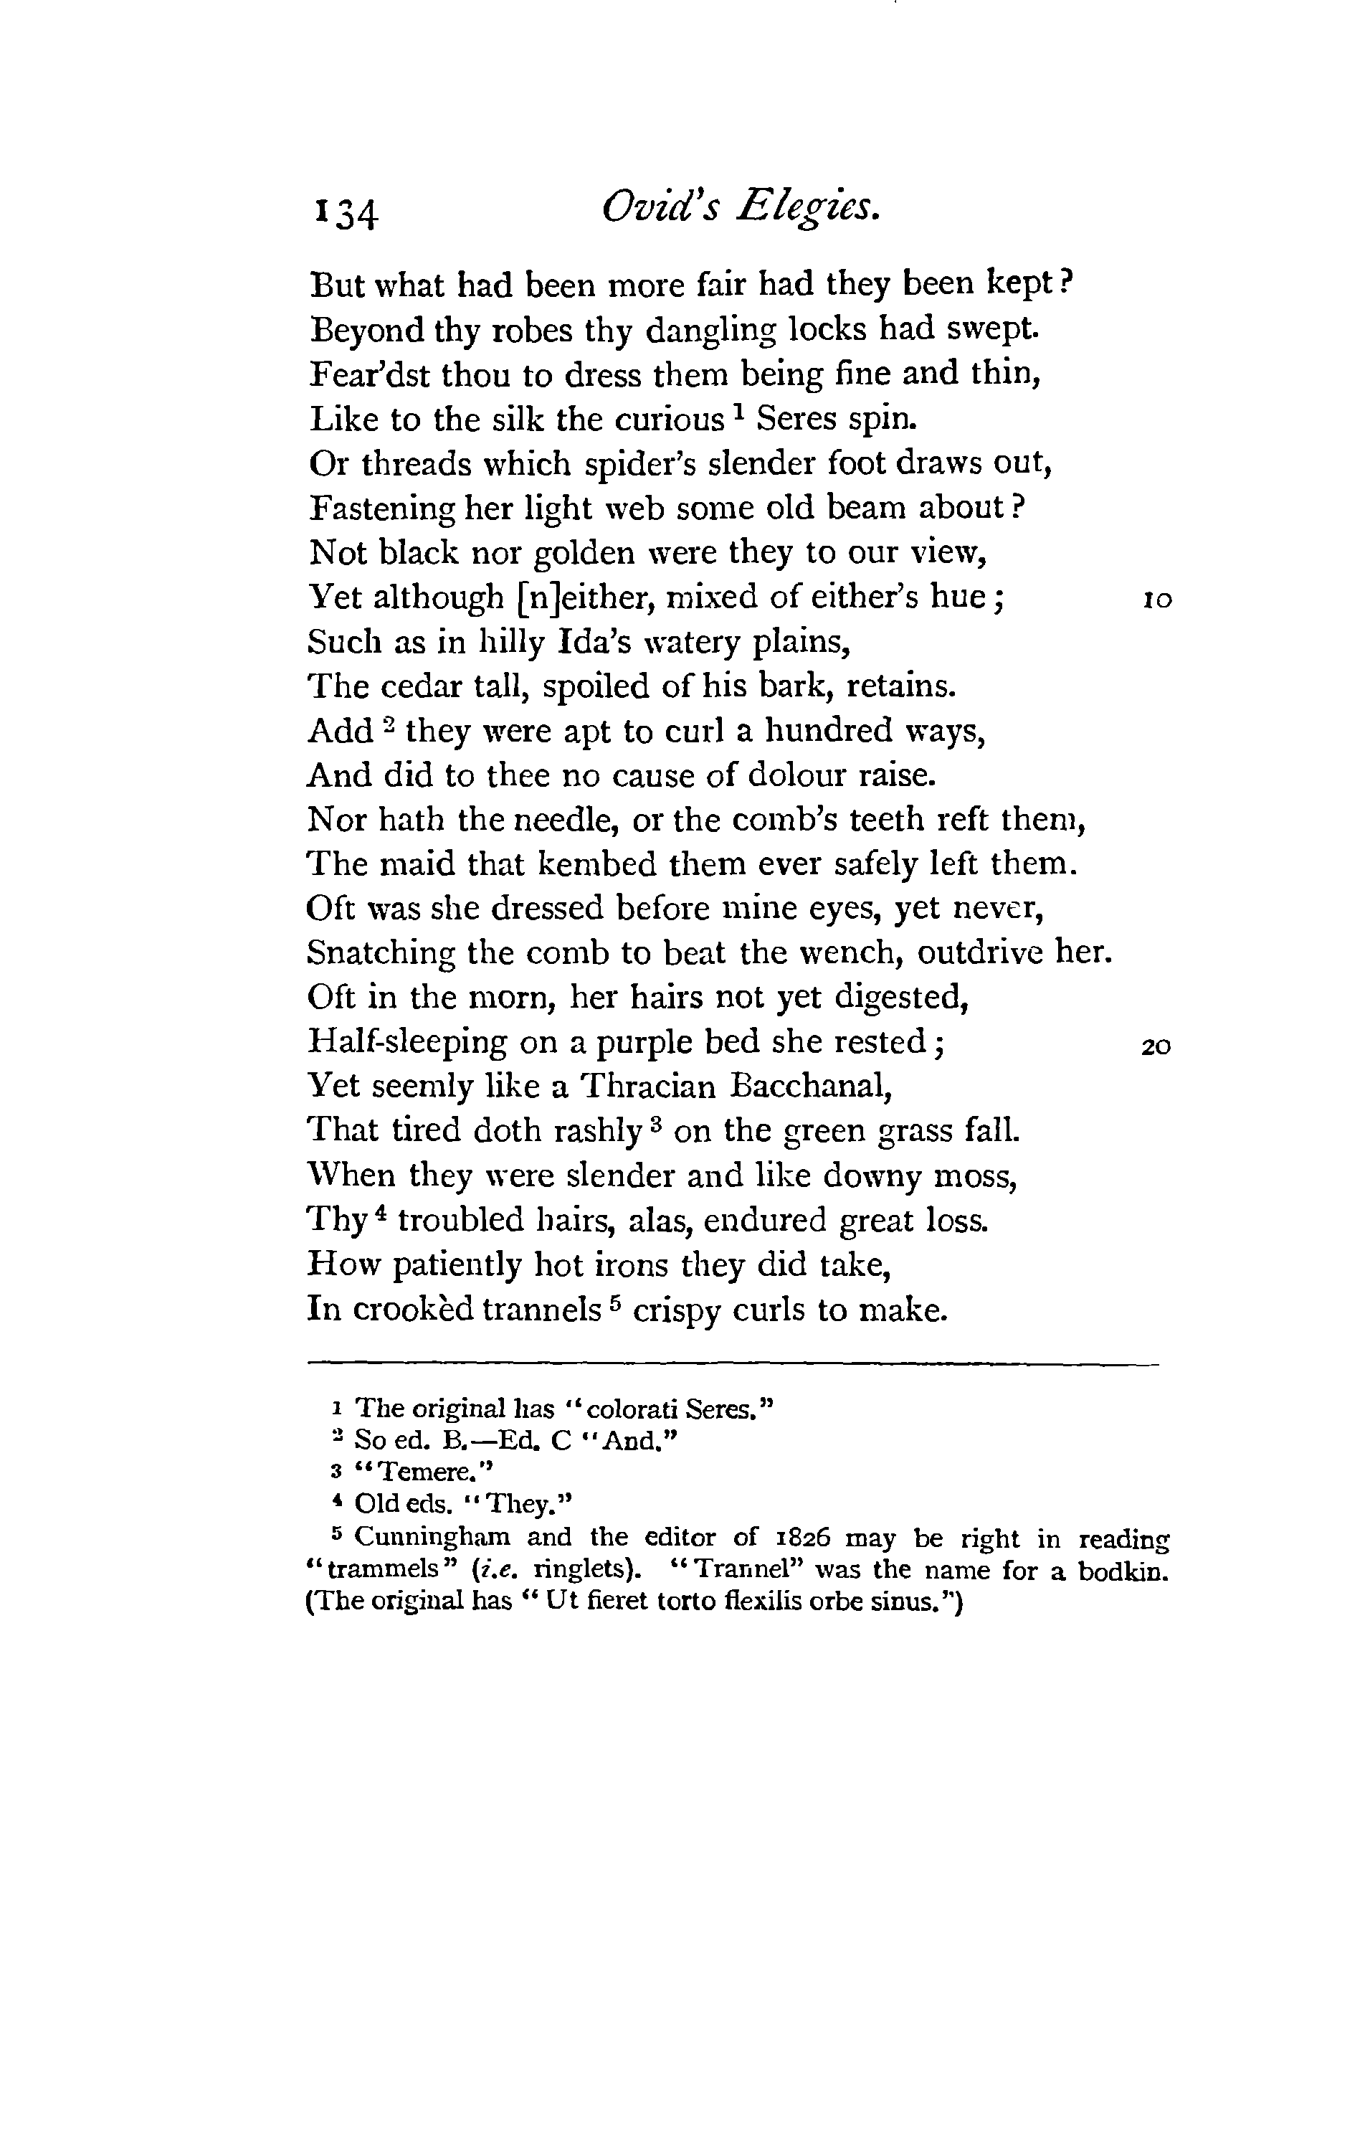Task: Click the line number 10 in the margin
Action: pyautogui.click(x=1156, y=600)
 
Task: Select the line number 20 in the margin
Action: pyautogui.click(x=1156, y=1046)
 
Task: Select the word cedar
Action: pyautogui.click(x=422, y=686)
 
